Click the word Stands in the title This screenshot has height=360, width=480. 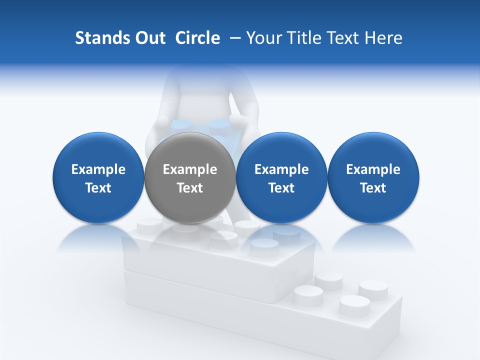(99, 38)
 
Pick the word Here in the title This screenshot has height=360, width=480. (384, 38)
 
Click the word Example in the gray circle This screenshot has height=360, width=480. (190, 169)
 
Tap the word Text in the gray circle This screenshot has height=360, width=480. (190, 188)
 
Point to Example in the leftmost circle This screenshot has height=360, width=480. (98, 169)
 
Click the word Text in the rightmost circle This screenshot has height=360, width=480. (373, 188)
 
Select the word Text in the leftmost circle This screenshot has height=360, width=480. (98, 188)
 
